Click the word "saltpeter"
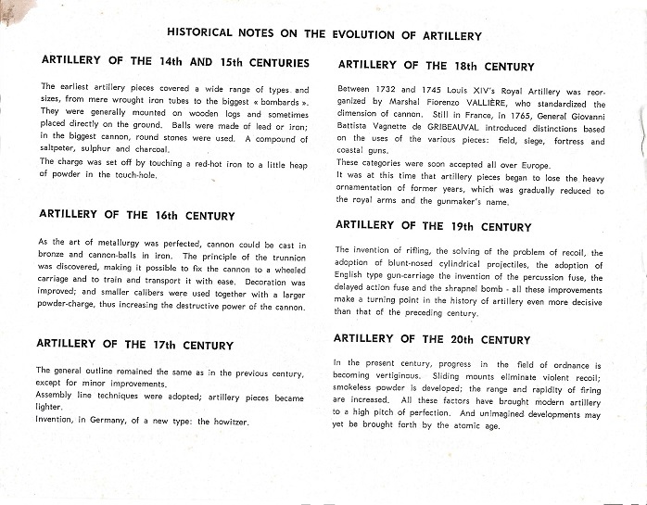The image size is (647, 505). point(58,148)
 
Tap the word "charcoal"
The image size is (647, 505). point(151,148)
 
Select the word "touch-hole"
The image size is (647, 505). point(134,174)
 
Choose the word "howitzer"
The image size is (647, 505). point(226,422)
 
